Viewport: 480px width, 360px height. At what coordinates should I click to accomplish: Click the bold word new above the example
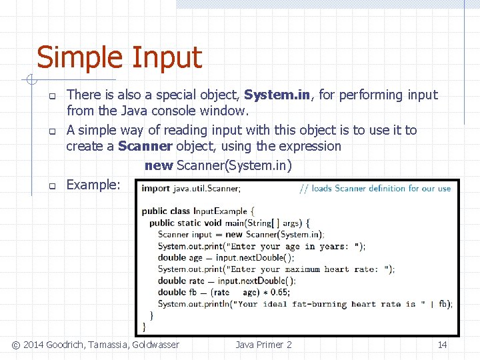[x=158, y=165]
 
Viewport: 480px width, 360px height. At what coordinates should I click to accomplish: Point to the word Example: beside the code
[x=93, y=185]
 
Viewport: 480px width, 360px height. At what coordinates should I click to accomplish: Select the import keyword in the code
[x=155, y=189]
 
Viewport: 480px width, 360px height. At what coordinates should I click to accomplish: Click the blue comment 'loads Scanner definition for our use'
[x=376, y=189]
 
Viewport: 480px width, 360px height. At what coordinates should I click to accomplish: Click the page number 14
[x=442, y=345]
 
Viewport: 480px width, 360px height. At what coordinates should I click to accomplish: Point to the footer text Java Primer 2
[x=263, y=345]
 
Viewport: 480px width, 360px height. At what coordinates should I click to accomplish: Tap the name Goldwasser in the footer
[x=155, y=345]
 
